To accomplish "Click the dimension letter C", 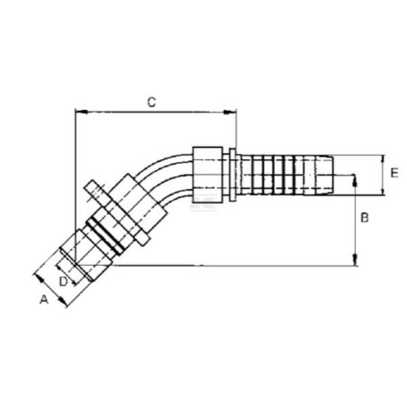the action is click(152, 103).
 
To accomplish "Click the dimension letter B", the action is click(365, 218).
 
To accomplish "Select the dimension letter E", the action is click(394, 173).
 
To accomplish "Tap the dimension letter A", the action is click(44, 299).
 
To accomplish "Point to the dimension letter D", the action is click(63, 282).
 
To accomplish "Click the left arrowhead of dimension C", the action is click(81, 112).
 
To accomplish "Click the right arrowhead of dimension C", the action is click(230, 113).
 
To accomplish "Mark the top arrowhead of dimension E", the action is click(383, 160).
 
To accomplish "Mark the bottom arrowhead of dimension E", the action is click(383, 190).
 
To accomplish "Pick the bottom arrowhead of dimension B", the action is click(355, 260).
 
